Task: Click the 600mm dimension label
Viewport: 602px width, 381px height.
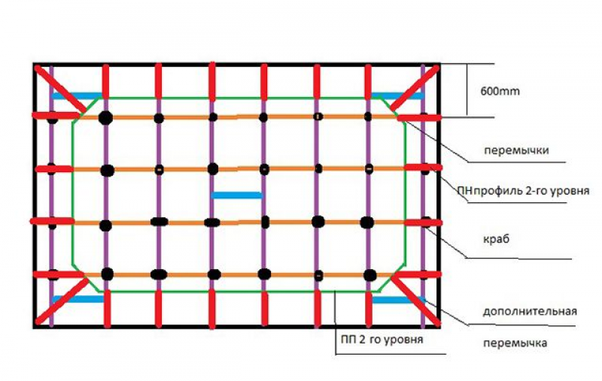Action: (x=500, y=92)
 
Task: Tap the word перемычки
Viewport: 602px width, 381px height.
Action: (x=516, y=150)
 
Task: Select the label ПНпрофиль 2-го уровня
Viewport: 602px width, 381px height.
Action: (x=523, y=191)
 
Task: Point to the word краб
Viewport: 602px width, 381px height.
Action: (x=496, y=240)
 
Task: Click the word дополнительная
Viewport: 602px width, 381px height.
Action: (x=530, y=311)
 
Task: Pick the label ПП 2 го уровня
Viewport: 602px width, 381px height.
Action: (x=382, y=340)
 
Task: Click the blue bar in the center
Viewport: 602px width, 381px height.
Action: (x=237, y=195)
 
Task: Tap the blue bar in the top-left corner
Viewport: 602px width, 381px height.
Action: (x=77, y=96)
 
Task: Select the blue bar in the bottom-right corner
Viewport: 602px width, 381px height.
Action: (x=399, y=300)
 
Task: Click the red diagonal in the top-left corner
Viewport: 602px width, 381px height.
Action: (x=60, y=89)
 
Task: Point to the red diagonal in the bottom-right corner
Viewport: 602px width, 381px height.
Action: (x=416, y=301)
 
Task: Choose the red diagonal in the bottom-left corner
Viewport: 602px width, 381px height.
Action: (x=62, y=301)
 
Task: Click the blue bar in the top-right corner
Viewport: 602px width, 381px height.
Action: (x=397, y=96)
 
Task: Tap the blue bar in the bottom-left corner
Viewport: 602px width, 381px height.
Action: (x=78, y=299)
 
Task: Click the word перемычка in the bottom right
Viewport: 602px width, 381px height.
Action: (x=515, y=343)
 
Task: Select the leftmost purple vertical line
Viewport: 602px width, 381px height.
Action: (x=51, y=196)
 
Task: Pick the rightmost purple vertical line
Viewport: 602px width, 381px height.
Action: (x=423, y=196)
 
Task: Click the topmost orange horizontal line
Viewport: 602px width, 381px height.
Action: (x=238, y=116)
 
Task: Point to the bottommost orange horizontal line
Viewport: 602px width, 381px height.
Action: (x=238, y=275)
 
